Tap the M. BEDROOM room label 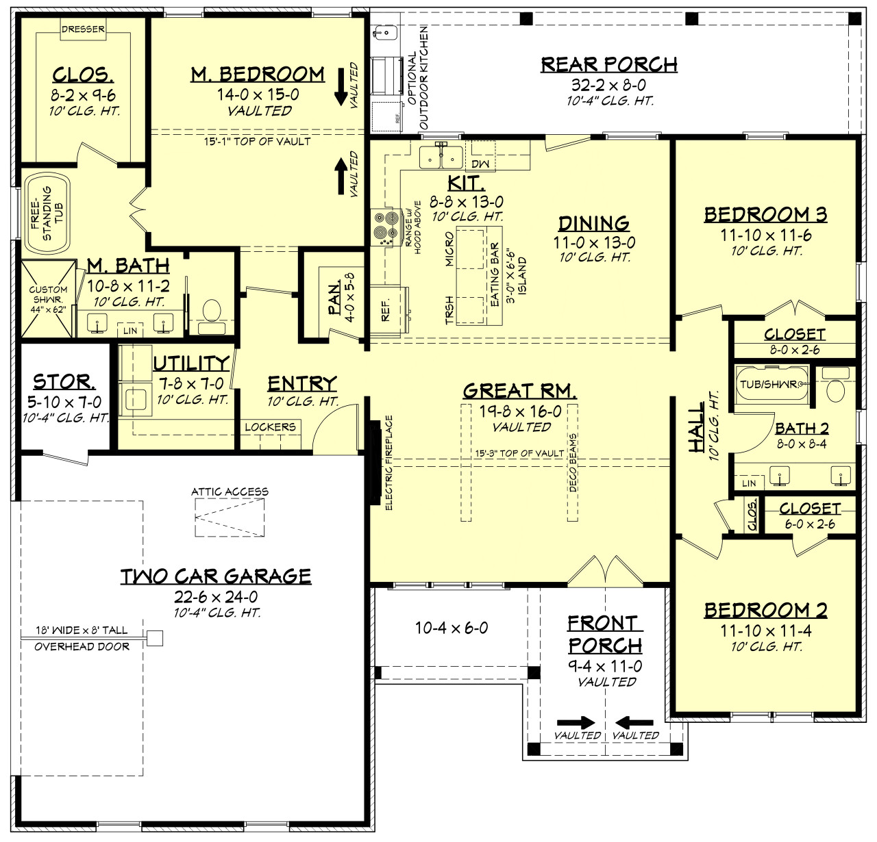click(258, 74)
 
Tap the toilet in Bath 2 click(835, 387)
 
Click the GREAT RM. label click(520, 391)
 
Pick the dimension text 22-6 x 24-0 click(216, 596)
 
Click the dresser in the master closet click(83, 30)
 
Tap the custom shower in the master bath click(48, 298)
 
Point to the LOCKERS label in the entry click(270, 427)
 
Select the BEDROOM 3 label click(765, 214)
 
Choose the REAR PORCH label click(609, 64)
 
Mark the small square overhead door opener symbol click(156, 638)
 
